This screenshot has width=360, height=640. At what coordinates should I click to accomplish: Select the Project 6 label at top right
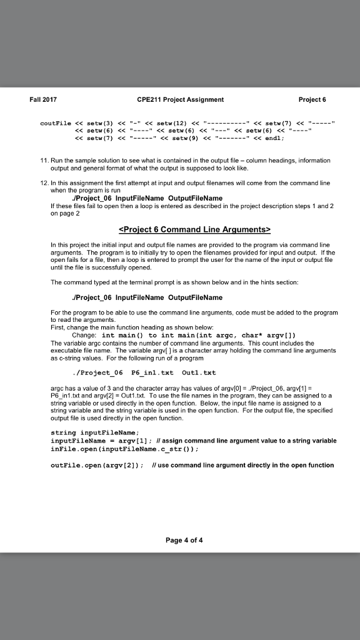[314, 99]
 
